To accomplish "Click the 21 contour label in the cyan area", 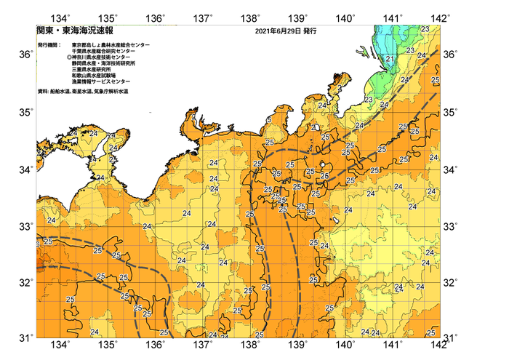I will pyautogui.click(x=390, y=58).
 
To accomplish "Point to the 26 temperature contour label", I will pyautogui.click(x=324, y=176).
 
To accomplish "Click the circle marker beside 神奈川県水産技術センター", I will pyautogui.click(x=69, y=57).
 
